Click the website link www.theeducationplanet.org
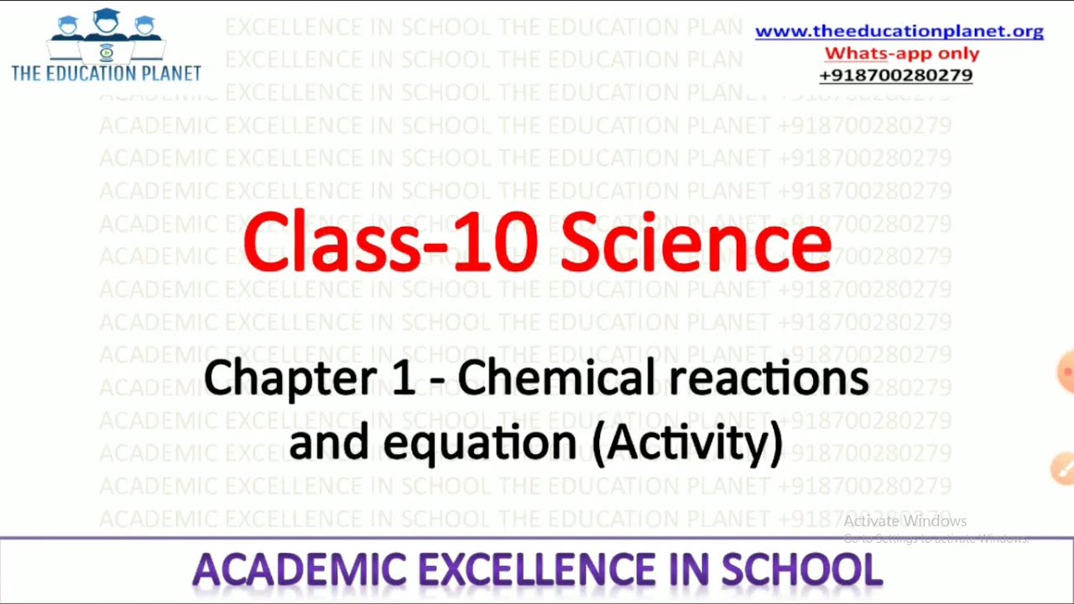tap(899, 32)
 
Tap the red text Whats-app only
tap(901, 54)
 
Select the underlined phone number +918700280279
tap(895, 75)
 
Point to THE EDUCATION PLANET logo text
tap(106, 73)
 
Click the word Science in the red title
tap(696, 243)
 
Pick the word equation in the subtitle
tap(479, 442)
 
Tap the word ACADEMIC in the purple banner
tap(299, 570)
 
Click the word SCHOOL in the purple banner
tap(802, 570)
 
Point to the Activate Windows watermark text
tap(905, 522)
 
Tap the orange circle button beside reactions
tap(1066, 371)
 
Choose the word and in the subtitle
tap(328, 442)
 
